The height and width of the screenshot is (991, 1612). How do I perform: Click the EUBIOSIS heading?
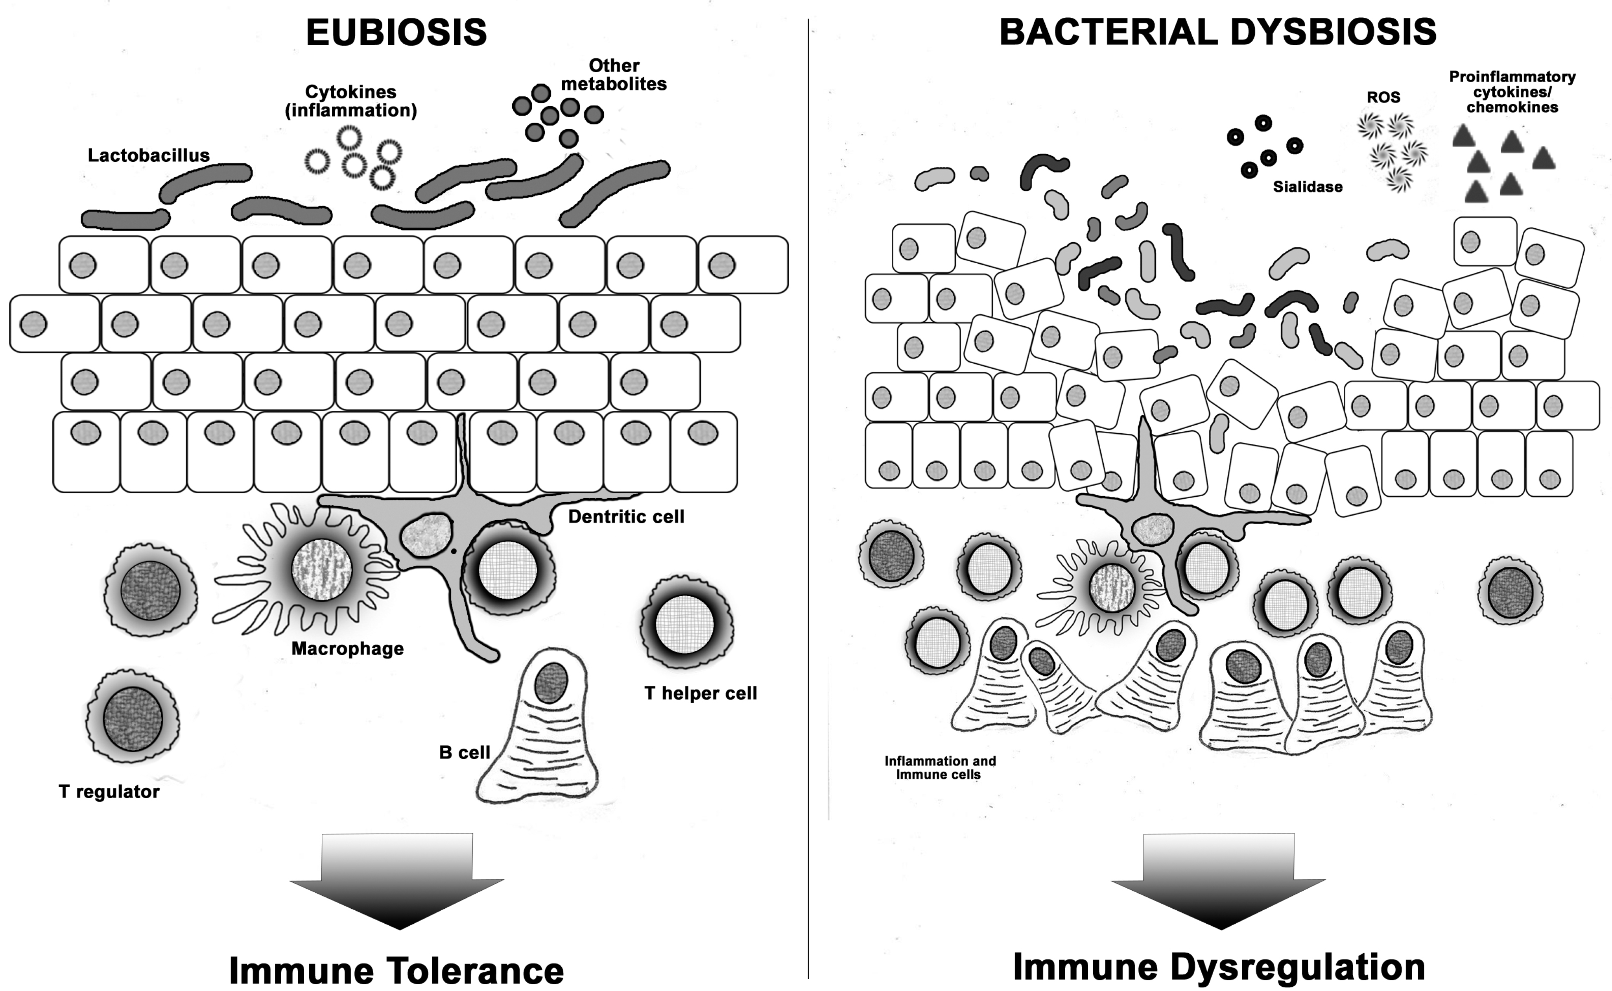(x=396, y=32)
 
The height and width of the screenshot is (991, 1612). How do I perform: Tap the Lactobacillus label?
(x=149, y=155)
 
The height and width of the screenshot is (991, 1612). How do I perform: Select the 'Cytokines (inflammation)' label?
(x=350, y=101)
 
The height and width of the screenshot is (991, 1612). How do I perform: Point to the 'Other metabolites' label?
(x=613, y=75)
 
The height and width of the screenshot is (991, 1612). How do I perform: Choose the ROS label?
(x=1383, y=97)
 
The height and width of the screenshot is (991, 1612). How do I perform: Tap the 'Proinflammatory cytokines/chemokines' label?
(x=1512, y=92)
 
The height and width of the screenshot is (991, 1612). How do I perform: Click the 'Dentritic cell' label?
(x=625, y=516)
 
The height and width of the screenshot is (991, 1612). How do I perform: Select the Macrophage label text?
(x=347, y=649)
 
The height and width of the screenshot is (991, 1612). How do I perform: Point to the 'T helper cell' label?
(x=700, y=693)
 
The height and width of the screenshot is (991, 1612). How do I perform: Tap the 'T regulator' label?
(x=109, y=792)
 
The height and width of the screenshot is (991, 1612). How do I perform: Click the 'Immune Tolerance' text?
(x=396, y=970)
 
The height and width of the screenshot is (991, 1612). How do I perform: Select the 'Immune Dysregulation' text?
(x=1218, y=967)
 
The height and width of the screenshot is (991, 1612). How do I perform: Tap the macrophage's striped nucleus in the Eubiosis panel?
(x=321, y=569)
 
